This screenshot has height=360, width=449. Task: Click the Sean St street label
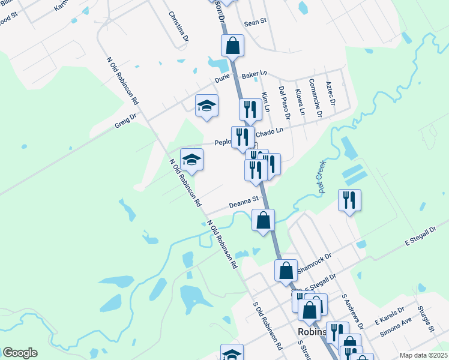tap(254, 23)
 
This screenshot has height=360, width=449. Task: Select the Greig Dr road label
tap(126, 121)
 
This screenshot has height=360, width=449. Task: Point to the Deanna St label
tap(244, 204)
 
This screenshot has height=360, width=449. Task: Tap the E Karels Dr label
tap(389, 314)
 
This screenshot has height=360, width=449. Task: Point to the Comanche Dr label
tap(315, 97)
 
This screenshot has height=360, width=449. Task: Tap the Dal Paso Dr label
tap(285, 102)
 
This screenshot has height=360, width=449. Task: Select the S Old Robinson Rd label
tap(268, 325)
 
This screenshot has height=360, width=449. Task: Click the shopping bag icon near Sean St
tap(232, 45)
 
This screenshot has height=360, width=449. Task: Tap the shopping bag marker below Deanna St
tap(264, 220)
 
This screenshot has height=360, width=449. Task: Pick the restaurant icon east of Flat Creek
tap(349, 200)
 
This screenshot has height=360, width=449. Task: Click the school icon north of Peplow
tap(206, 106)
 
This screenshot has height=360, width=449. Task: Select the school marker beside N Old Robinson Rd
tap(191, 159)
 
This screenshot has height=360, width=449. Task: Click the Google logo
tap(20, 353)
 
